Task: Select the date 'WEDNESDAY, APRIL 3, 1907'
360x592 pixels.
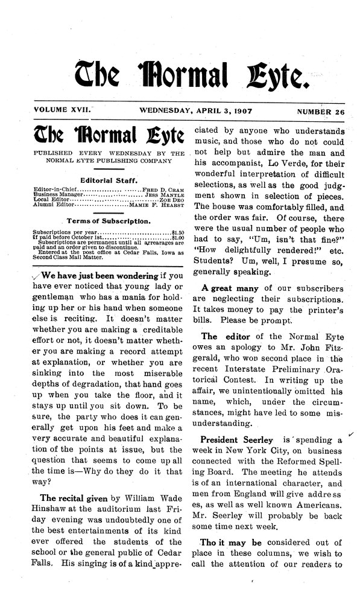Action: click(190, 113)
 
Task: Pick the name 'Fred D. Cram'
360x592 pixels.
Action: click(162, 189)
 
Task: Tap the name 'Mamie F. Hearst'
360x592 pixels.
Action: click(157, 206)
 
